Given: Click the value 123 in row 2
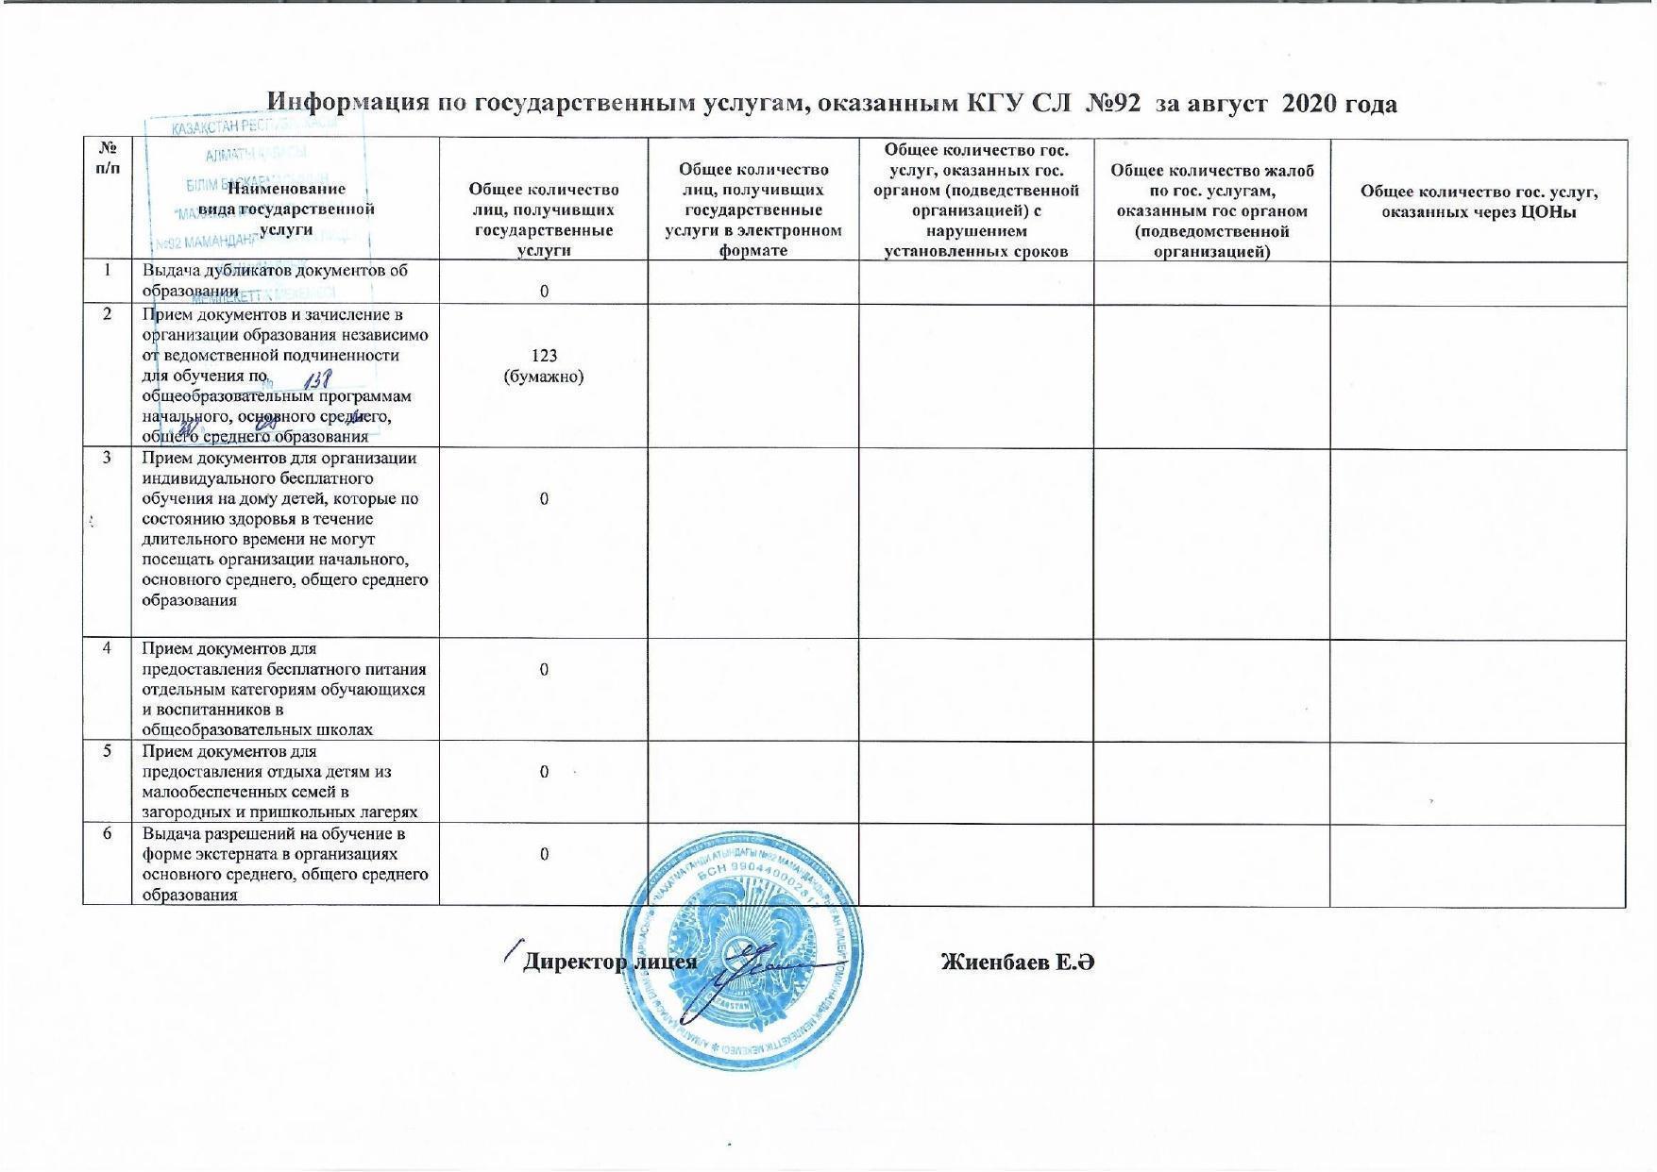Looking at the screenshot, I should (x=544, y=356).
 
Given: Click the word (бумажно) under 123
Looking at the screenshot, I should (x=544, y=377).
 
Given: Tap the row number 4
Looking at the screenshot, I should (x=107, y=649).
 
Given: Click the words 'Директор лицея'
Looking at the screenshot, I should (x=610, y=962).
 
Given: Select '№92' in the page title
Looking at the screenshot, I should (x=1115, y=102).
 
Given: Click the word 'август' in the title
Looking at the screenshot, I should (x=1222, y=102).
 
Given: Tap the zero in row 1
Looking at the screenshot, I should (x=544, y=291).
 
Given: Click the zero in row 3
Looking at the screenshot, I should (x=544, y=498).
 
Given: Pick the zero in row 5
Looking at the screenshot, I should (x=544, y=772).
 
